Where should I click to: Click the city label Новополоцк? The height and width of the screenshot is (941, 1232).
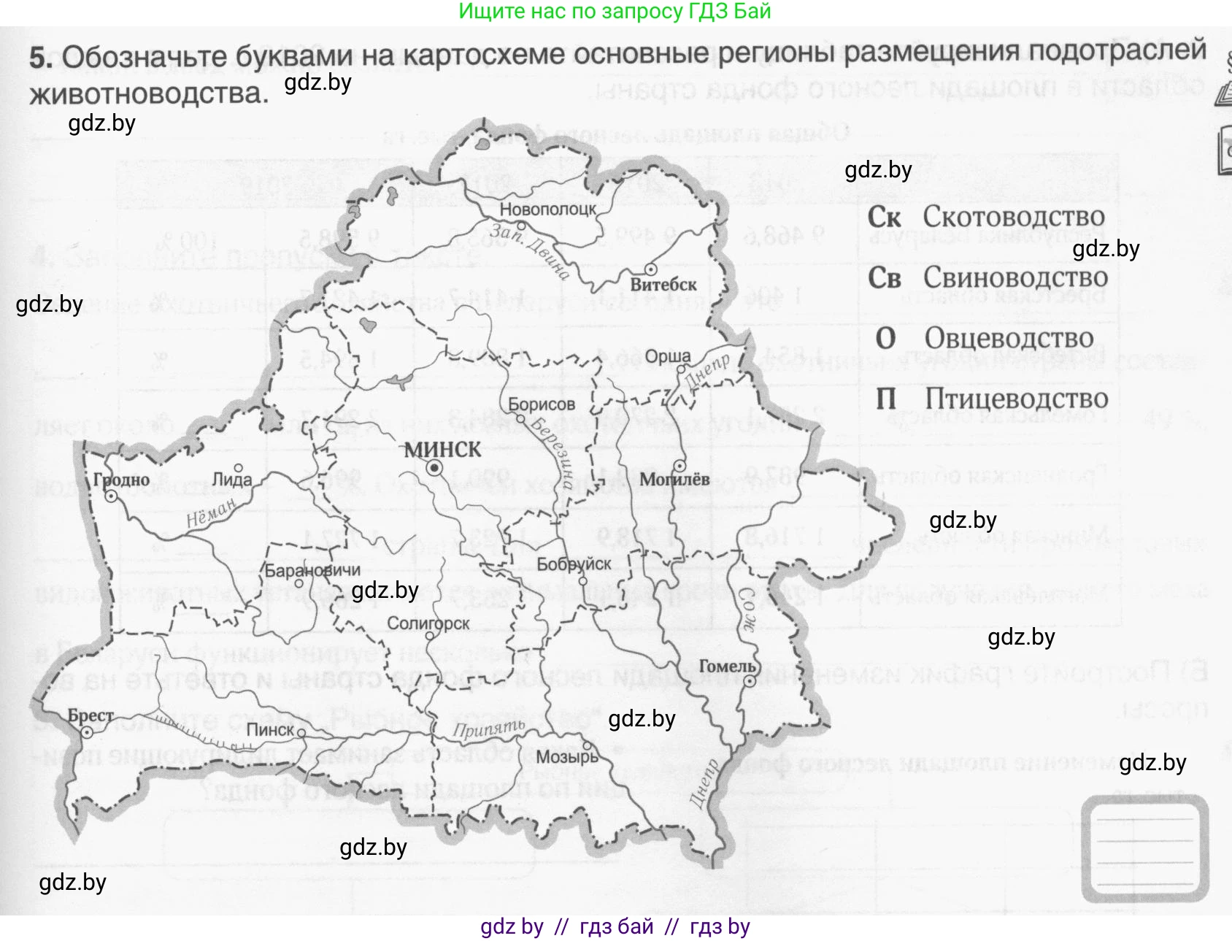[x=547, y=209]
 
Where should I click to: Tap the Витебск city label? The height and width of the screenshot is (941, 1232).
[x=663, y=285]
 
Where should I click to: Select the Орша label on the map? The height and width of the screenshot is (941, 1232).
[x=667, y=356]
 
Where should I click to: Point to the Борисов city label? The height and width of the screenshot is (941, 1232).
[x=541, y=404]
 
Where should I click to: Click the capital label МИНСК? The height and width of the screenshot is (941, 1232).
[x=442, y=450]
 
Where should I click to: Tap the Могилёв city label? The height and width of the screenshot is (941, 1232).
[x=674, y=480]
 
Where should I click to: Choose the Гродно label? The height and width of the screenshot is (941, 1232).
[x=121, y=480]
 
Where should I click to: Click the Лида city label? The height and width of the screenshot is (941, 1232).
[x=231, y=480]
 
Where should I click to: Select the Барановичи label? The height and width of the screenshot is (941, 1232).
[x=312, y=570]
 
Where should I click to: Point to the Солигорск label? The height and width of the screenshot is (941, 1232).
[x=428, y=623]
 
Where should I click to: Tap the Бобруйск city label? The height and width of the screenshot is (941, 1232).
[x=574, y=564]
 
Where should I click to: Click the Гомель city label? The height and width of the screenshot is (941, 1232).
[x=726, y=666]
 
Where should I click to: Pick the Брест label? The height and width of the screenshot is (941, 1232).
[x=91, y=715]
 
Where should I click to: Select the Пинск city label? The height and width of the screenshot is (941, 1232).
[x=270, y=730]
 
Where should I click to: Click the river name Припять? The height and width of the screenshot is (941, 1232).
[x=488, y=729]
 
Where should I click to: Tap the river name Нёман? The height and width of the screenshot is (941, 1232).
[x=211, y=513]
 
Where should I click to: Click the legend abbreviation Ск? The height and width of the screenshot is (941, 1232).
[x=884, y=218]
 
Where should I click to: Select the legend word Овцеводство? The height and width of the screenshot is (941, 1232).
[x=1009, y=339]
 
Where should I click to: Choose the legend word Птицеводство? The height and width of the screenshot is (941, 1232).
[x=1016, y=399]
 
